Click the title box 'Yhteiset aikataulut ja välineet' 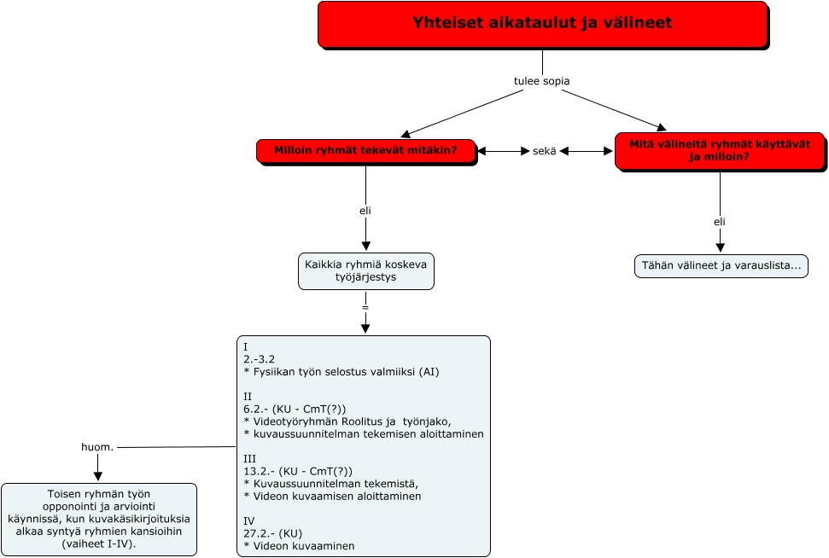(542, 24)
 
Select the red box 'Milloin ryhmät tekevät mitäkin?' (365, 151)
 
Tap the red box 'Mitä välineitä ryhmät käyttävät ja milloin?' (719, 150)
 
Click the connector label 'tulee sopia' (541, 81)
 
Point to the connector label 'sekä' (544, 151)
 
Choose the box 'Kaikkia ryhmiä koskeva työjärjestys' (366, 270)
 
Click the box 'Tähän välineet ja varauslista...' (721, 265)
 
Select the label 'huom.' (96, 447)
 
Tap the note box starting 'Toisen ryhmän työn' (98, 519)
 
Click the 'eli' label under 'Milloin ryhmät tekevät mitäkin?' (365, 210)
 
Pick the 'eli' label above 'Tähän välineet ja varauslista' (719, 222)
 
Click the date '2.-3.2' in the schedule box (260, 359)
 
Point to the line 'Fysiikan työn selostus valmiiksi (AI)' (342, 372)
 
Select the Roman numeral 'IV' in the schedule (249, 520)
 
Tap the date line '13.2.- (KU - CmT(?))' (297, 471)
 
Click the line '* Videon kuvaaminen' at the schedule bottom (299, 545)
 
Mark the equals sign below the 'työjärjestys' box (365, 305)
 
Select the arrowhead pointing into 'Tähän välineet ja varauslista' (719, 247)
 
